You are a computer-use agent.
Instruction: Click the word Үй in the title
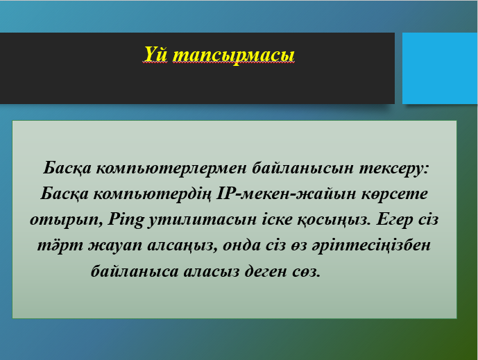point(155,54)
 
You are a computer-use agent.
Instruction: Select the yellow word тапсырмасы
point(234,55)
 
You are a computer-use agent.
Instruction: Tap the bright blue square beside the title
point(440,68)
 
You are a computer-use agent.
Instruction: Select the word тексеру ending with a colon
point(394,169)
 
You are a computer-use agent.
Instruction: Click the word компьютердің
point(152,194)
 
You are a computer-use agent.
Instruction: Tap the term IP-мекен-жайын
point(286,194)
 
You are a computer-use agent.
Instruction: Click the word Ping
point(126,220)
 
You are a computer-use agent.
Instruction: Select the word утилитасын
point(202,220)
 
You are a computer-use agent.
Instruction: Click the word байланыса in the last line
point(135,271)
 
